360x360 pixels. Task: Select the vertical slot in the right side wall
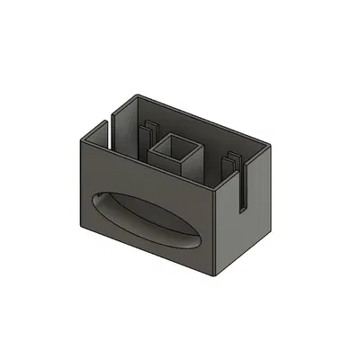tap(241, 184)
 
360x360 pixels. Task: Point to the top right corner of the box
tap(271, 144)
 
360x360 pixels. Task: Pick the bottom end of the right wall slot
tap(241, 210)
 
